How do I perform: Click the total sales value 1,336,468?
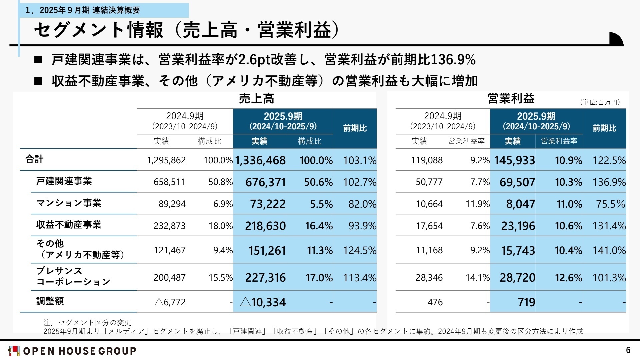[260, 160]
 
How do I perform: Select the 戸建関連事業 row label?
[64, 181]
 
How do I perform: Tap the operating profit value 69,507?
[517, 182]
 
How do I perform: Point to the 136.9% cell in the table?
[609, 182]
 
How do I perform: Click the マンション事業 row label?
[69, 203]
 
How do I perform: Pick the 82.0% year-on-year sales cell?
[362, 204]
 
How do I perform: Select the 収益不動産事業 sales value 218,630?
[265, 226]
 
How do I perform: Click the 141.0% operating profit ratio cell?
[609, 250]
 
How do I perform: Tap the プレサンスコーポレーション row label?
[73, 276]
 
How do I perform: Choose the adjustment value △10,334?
[263, 302]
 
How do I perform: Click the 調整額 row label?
[50, 301]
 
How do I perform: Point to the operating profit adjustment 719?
[526, 302]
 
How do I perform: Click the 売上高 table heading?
[256, 99]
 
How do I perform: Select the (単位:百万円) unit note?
[600, 102]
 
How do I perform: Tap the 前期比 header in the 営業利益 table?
[604, 128]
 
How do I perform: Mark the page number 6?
[628, 350]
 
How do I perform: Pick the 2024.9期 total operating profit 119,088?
[427, 160]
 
